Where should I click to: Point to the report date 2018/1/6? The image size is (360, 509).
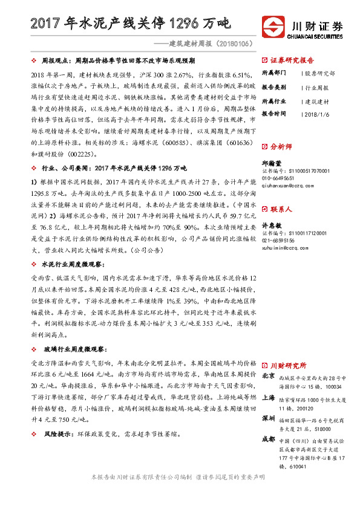316,113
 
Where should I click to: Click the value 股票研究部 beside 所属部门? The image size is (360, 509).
320,73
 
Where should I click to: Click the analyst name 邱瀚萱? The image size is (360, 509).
271,163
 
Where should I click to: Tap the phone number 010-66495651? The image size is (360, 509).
280,179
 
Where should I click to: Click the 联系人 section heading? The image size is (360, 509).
281,209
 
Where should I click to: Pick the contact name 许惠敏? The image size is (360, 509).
271,225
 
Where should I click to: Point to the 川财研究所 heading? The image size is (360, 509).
288,366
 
